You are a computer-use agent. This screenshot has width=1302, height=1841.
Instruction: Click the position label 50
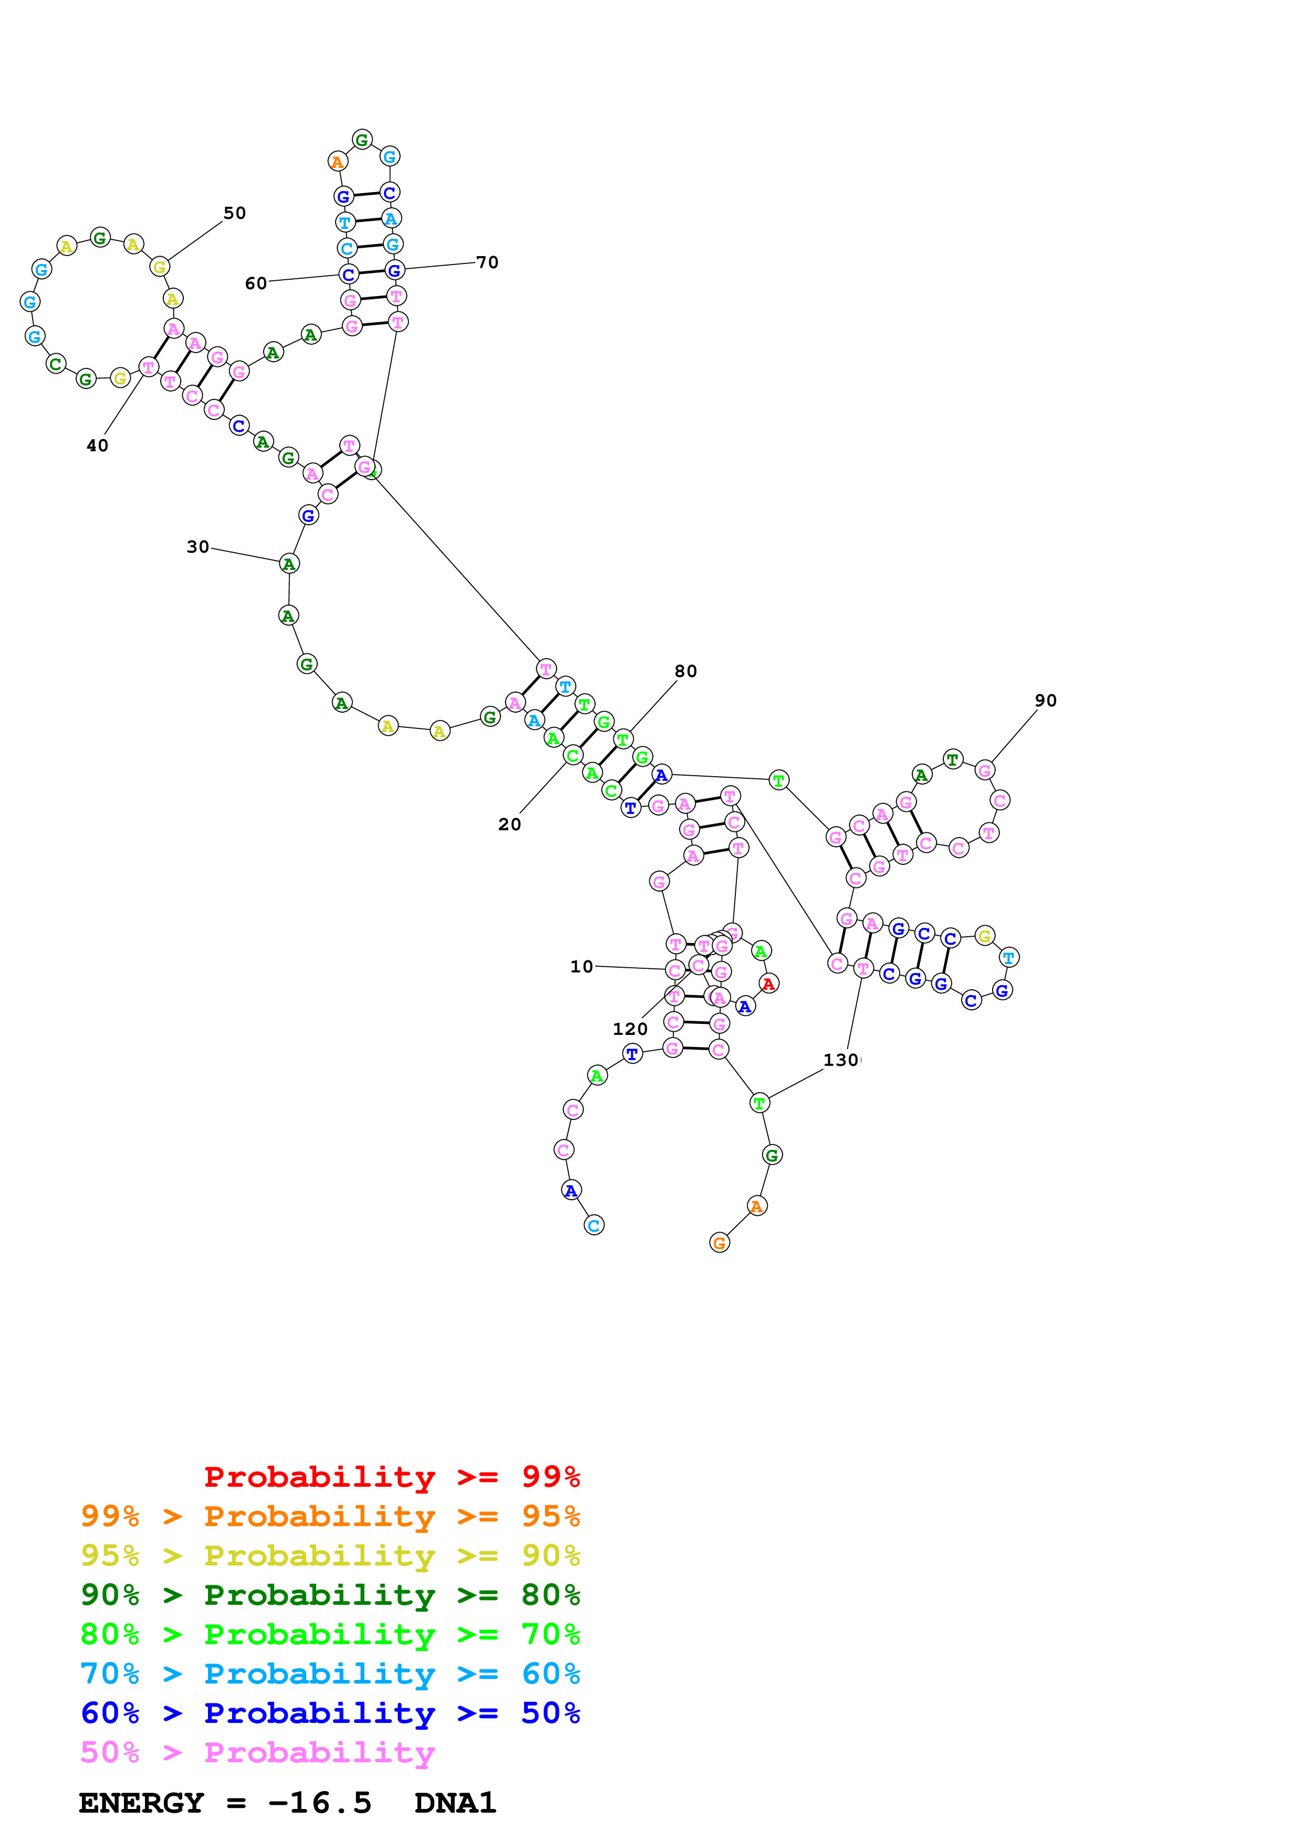(234, 213)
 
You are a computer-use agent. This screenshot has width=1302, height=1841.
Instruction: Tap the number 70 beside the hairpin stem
(487, 262)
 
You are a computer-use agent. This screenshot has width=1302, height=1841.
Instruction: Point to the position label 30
(197, 547)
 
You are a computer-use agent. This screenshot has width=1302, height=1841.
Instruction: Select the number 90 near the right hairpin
(1045, 700)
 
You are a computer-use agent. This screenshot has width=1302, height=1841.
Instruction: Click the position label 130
(841, 1060)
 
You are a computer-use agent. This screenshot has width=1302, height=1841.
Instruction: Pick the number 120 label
(630, 1029)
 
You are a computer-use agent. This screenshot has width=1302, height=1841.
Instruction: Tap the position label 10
(581, 966)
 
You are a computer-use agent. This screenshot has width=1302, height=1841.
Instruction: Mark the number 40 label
(97, 446)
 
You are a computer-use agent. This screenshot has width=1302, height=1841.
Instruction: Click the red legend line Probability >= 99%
(391, 1477)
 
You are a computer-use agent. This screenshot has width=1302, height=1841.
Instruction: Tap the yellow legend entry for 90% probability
(330, 1556)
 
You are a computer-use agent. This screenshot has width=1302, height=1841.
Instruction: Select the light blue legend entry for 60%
(330, 1674)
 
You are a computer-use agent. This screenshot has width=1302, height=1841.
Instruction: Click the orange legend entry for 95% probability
(330, 1516)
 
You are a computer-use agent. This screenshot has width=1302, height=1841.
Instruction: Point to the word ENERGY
(141, 1803)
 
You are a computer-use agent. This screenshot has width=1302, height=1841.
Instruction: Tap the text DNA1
(455, 1803)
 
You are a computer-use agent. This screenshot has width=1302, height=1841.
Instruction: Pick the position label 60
(256, 283)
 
